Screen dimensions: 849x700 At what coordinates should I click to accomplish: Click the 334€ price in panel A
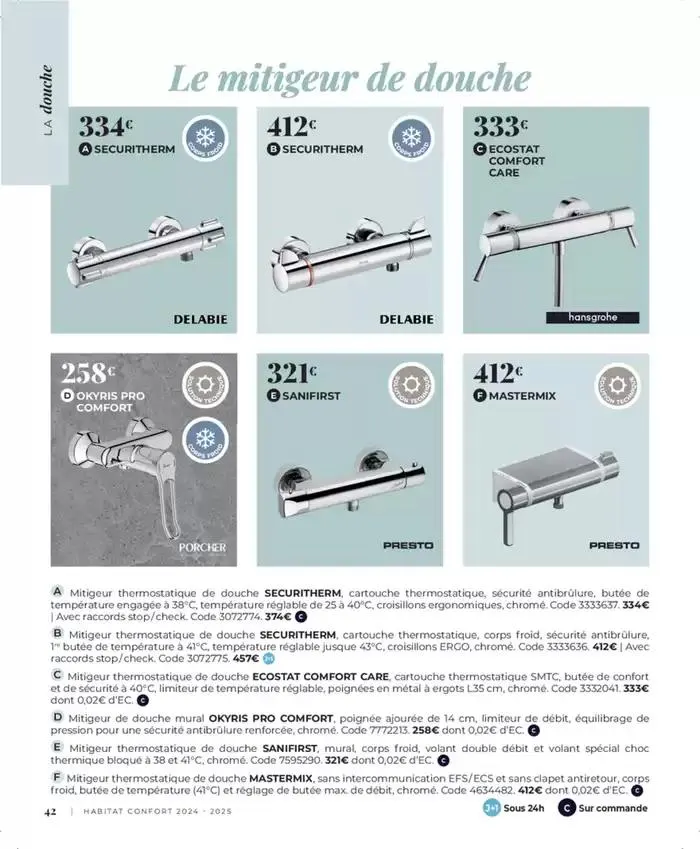(104, 127)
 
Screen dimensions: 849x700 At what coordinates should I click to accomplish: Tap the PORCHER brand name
(202, 547)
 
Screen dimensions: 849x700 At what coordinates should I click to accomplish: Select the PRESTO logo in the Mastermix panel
(613, 546)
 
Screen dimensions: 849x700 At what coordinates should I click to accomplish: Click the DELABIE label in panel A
(200, 319)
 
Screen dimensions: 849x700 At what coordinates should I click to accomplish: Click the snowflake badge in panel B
(408, 140)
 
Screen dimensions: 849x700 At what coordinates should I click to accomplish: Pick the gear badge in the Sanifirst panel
(408, 386)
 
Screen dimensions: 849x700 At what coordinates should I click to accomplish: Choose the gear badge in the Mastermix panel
(615, 386)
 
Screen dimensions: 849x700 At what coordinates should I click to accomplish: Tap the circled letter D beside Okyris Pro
(68, 396)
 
